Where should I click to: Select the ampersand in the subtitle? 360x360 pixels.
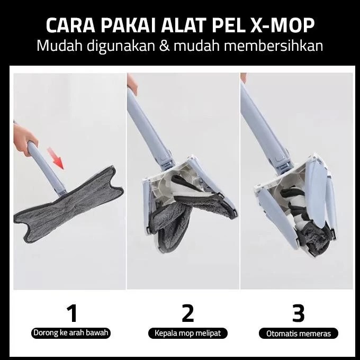164,45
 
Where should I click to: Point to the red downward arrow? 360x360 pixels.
56,158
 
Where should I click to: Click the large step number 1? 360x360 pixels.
72,313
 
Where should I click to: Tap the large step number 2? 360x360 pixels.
188,313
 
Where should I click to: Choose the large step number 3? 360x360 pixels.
298,313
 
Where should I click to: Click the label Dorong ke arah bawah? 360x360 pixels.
71,333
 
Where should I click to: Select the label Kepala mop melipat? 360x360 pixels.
188,333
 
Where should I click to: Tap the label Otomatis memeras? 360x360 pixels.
299,334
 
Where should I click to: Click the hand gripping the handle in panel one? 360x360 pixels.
24,139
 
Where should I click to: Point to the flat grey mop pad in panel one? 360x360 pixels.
69,204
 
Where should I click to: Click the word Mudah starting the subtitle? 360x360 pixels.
59,45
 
